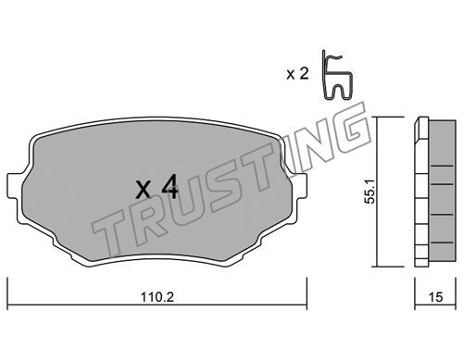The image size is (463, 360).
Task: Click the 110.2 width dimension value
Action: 157,297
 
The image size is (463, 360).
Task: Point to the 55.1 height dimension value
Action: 369,192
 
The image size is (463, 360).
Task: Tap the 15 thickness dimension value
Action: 435,297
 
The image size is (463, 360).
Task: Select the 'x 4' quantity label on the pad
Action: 156,187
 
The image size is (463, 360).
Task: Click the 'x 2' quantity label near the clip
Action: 297,74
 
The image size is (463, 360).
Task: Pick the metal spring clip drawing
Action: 336,75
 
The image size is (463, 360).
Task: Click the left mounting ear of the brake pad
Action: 15,185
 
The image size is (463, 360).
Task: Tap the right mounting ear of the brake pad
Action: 299,185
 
